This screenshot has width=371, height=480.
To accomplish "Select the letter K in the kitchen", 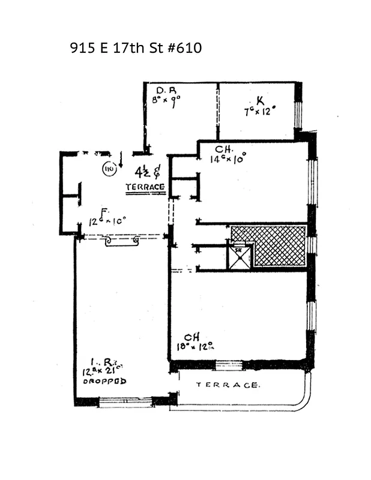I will tap(259, 100).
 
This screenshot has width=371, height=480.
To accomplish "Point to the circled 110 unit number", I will tap(109, 169).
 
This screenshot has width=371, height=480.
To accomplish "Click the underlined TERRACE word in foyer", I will tap(145, 187).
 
